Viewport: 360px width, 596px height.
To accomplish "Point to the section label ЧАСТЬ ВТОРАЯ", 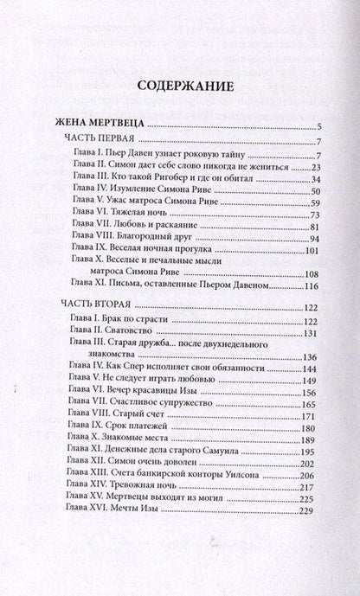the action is [x=96, y=308].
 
